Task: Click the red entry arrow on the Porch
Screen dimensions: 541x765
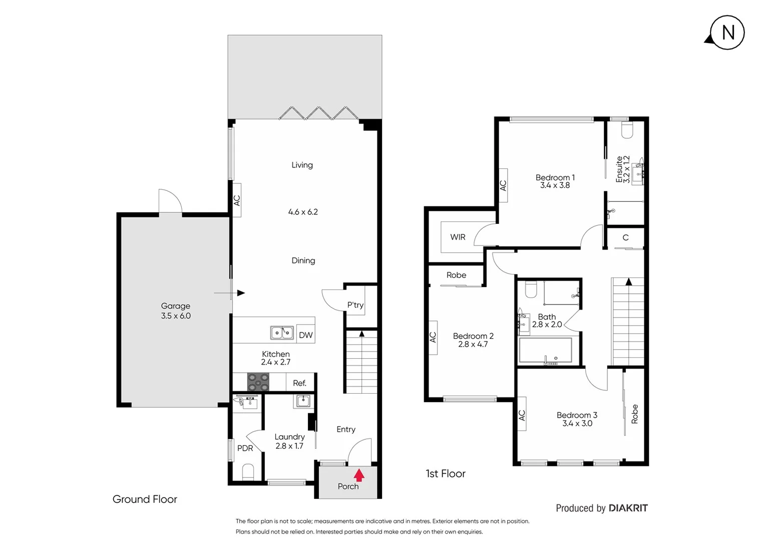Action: [x=359, y=474]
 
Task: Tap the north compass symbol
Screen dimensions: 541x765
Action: [x=727, y=33]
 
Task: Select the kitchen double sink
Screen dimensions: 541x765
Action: [x=282, y=333]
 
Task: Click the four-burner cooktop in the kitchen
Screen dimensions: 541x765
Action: [x=258, y=382]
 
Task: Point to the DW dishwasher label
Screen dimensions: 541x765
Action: [x=305, y=335]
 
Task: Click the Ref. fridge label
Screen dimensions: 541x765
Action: [x=299, y=383]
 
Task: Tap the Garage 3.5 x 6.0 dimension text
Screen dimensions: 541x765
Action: [x=176, y=316]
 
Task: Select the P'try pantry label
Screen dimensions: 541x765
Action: [x=355, y=305]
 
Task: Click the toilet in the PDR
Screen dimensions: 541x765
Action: [x=248, y=471]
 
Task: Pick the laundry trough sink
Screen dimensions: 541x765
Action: [x=302, y=401]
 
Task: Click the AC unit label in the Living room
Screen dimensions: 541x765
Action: [x=237, y=200]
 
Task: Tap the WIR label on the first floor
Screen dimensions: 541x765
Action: [x=458, y=237]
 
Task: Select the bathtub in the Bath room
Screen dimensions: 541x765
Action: [x=545, y=350]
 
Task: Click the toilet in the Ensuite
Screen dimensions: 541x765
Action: [x=627, y=130]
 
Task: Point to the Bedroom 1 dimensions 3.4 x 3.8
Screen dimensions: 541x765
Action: [x=555, y=185]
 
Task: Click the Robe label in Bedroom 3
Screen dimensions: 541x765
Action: [x=635, y=414]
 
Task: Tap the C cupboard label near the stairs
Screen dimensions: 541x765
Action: [x=625, y=237]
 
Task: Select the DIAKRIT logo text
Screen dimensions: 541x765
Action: [x=628, y=508]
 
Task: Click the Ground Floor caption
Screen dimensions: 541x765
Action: [x=145, y=499]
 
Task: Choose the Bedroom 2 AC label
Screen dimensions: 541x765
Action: [x=433, y=337]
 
